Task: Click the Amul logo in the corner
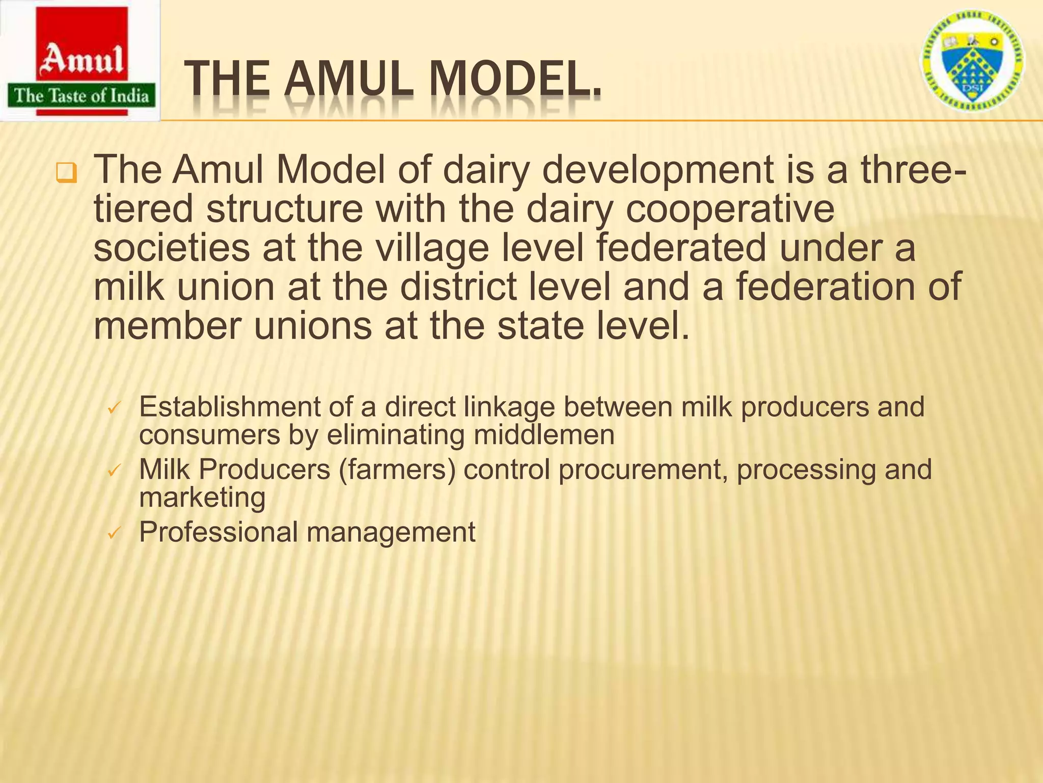pos(80,60)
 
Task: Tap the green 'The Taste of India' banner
pos(81,96)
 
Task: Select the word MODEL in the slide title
pos(514,81)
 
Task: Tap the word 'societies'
pos(172,248)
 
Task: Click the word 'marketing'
pos(202,497)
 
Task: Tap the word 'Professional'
pos(218,532)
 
